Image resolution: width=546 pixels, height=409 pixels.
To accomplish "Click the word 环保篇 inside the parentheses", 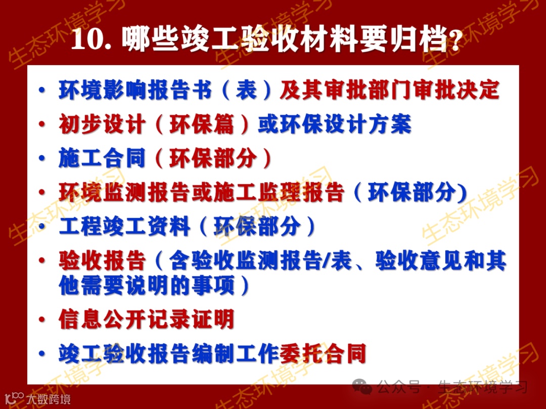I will (x=201, y=125).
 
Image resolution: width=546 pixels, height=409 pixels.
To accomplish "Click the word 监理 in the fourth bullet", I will (x=279, y=193).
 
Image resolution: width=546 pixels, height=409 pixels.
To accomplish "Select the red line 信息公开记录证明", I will (x=146, y=320).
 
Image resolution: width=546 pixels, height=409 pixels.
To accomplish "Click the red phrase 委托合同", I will (x=323, y=354).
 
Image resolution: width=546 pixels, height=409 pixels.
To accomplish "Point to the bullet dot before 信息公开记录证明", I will (x=43, y=320).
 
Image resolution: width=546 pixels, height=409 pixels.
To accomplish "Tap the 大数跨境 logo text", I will (x=49, y=399).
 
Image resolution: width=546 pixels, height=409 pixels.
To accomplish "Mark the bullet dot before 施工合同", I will (x=43, y=159).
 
